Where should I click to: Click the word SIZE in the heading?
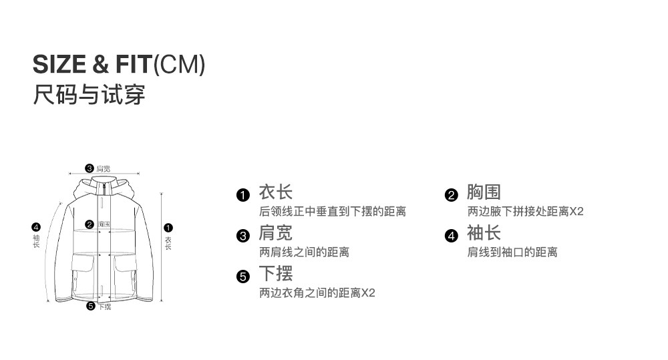[x=59, y=64]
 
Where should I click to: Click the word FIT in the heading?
[x=132, y=64]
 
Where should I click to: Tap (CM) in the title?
[x=179, y=65]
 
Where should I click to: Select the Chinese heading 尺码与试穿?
[x=89, y=94]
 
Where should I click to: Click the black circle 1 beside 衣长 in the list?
[x=243, y=195]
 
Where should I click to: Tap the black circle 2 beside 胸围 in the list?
[x=452, y=195]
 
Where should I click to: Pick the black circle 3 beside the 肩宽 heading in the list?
[x=243, y=236]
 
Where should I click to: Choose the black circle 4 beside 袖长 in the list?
[x=452, y=236]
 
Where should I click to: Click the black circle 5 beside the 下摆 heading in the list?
[x=243, y=277]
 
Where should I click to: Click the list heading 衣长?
[x=276, y=193]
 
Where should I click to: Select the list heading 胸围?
[x=484, y=193]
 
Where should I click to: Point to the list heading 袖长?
[x=484, y=234]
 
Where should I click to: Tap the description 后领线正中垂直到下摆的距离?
[x=332, y=212]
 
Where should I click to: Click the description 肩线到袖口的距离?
[x=512, y=252]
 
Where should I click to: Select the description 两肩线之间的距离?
[x=304, y=252]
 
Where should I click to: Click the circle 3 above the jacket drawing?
[x=89, y=168]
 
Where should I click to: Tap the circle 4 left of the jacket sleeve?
[x=36, y=227]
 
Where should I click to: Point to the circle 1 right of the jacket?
[x=168, y=228]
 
